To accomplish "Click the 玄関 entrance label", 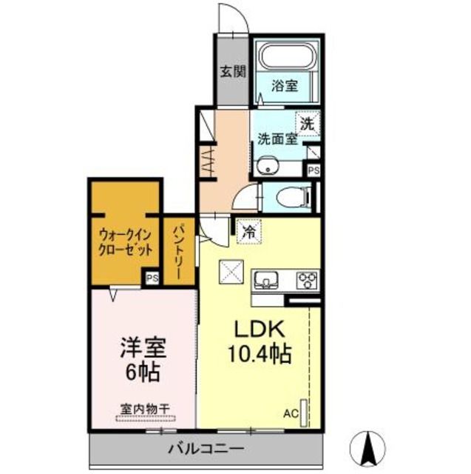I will tap(232, 73).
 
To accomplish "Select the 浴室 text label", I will tap(285, 85).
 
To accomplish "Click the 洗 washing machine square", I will tap(306, 123).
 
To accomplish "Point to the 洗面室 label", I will tap(277, 138).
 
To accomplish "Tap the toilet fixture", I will tap(289, 196).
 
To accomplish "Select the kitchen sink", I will tap(265, 280).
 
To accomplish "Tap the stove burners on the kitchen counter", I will tap(307, 280).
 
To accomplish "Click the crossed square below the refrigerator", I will tap(231, 273).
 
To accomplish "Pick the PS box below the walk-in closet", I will tap(152, 278).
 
